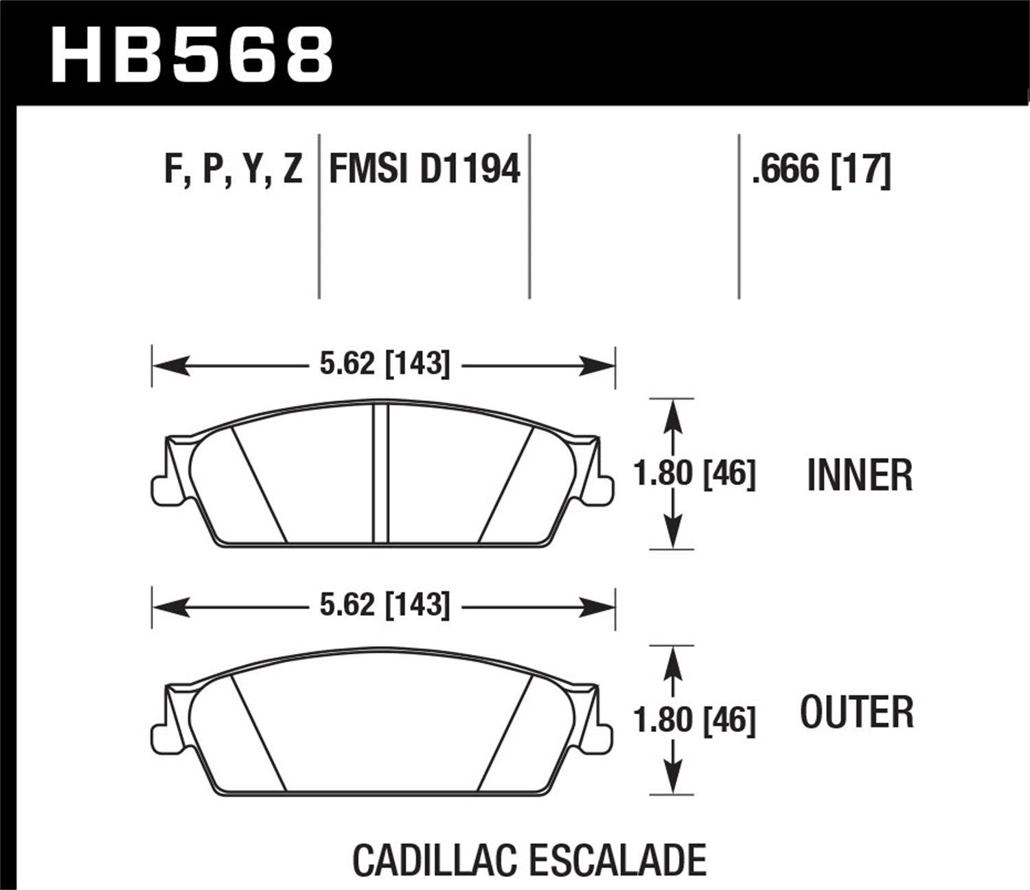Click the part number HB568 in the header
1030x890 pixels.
pyautogui.click(x=192, y=54)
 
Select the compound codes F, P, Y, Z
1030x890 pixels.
pyautogui.click(x=233, y=169)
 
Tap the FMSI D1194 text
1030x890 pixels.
pyautogui.click(x=425, y=169)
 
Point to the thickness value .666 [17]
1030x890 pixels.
pyautogui.click(x=821, y=169)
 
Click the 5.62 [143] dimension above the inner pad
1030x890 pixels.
pyautogui.click(x=385, y=364)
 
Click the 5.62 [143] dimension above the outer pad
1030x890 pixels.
pyautogui.click(x=385, y=605)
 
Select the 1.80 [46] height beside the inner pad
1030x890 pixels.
pyautogui.click(x=694, y=474)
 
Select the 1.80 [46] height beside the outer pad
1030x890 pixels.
pyautogui.click(x=694, y=720)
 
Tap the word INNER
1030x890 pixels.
pyautogui.click(x=860, y=475)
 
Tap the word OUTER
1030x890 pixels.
pyautogui.click(x=857, y=713)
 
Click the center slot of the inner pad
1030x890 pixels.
pyautogui.click(x=380, y=474)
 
